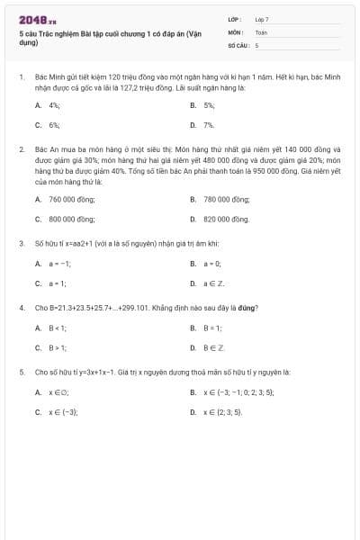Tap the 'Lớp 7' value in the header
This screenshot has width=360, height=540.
tap(262, 19)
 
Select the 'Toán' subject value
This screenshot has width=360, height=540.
tap(261, 31)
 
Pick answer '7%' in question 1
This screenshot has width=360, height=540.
tap(209, 125)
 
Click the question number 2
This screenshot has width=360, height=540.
tap(21, 148)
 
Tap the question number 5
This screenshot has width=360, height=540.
tap(21, 372)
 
